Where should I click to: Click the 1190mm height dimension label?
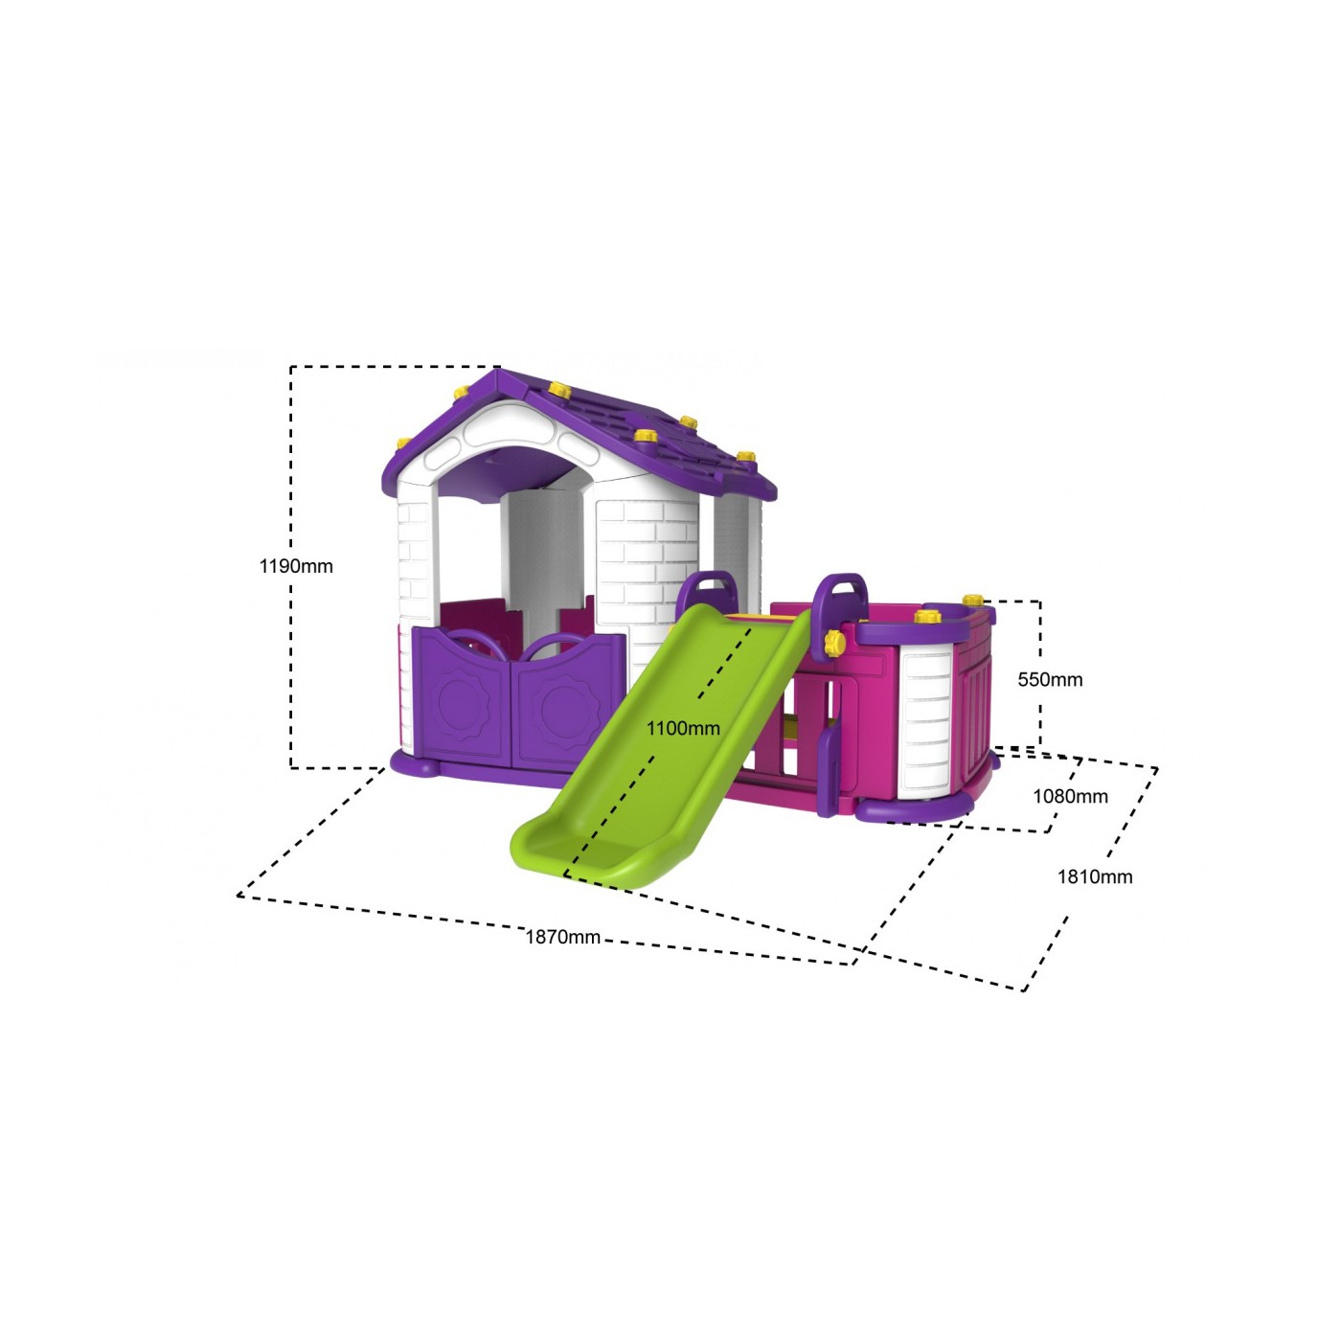(296, 566)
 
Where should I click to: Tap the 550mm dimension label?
(1050, 679)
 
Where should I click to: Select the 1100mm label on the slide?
(683, 729)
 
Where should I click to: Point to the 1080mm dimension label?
(1070, 796)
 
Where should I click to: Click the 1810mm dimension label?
(1095, 876)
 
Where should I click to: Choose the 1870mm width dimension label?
(562, 938)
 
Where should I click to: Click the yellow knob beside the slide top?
(833, 642)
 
